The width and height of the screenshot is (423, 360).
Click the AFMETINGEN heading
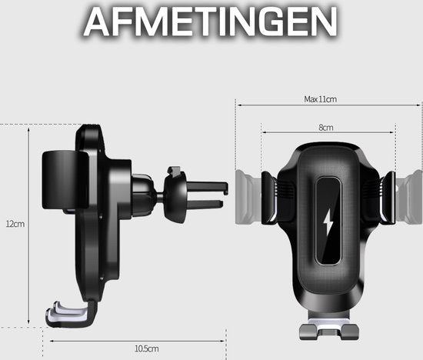(x=211, y=22)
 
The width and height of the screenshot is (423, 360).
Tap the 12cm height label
(x=15, y=224)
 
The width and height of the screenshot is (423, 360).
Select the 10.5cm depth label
(x=147, y=348)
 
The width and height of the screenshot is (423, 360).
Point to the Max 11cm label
(x=321, y=99)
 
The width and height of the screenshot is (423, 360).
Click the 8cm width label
(x=326, y=128)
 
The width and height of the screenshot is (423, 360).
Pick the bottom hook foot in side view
(x=71, y=315)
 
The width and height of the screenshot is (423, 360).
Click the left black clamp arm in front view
(x=269, y=198)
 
